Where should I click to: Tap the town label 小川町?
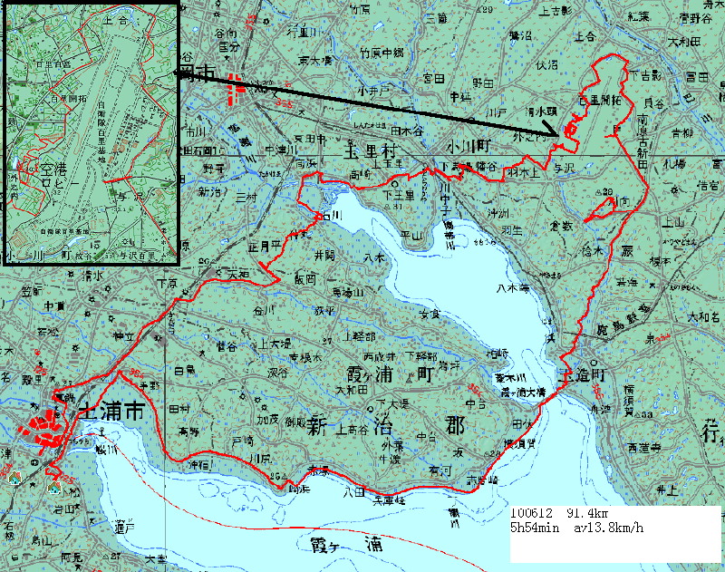(x=467, y=147)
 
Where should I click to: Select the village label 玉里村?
(x=372, y=149)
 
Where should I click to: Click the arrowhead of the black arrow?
(x=555, y=133)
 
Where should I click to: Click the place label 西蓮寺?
(x=643, y=448)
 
